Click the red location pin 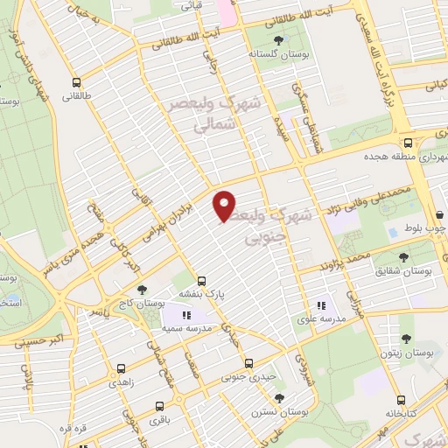tap(225, 205)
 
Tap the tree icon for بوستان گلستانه tap(278, 39)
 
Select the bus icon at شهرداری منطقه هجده tap(408, 143)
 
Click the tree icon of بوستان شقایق tap(403, 257)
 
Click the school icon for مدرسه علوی tap(320, 305)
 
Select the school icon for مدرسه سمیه tap(185, 314)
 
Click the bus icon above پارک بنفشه tap(202, 281)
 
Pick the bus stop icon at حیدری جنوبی tap(249, 362)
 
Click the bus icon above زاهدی tap(121, 369)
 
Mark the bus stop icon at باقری tap(159, 405)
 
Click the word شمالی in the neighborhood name tap(213, 124)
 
